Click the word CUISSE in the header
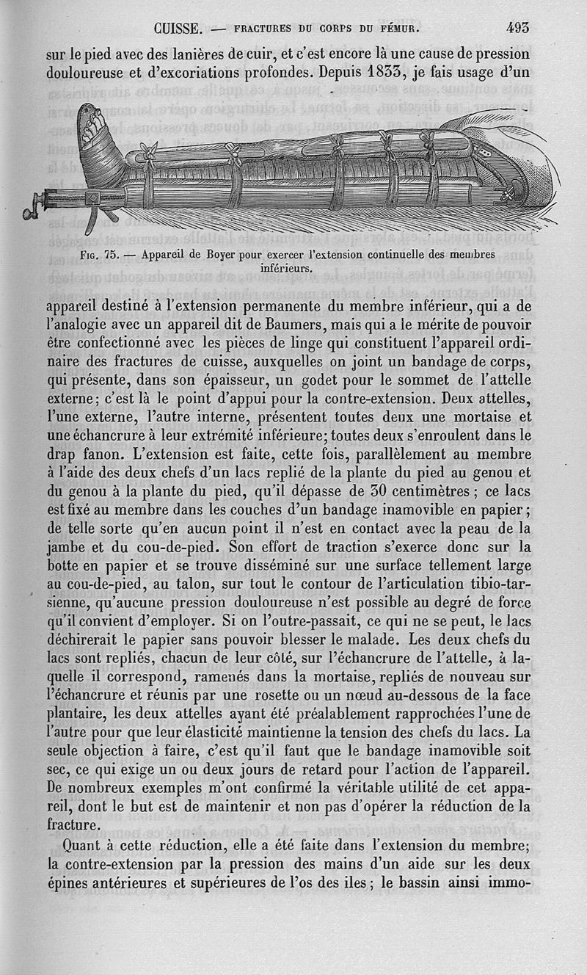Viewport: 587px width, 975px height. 179,30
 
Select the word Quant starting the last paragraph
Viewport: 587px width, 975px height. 70,846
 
